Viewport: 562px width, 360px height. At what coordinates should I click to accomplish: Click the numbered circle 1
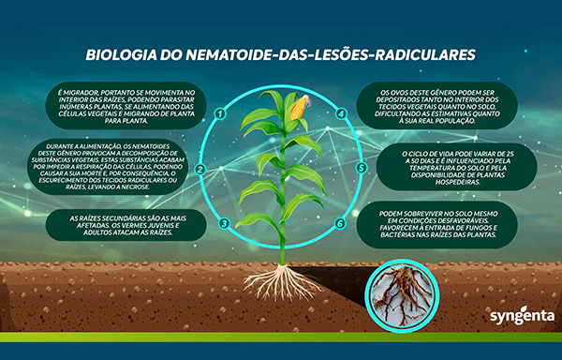pyautogui.click(x=220, y=113)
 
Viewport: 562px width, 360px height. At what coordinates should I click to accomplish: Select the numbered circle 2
pyautogui.click(x=200, y=169)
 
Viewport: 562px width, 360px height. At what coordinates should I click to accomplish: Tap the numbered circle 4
pyautogui.click(x=341, y=113)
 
